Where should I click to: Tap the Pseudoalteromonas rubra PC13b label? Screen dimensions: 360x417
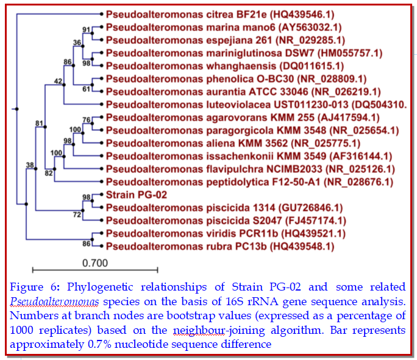pos(219,246)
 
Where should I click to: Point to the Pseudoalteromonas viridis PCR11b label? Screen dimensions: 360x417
pos(226,233)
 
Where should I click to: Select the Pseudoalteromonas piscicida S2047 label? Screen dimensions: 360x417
pos(226,221)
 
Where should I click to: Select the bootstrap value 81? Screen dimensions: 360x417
pos(40,124)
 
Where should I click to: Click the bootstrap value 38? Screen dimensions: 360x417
pos(29,164)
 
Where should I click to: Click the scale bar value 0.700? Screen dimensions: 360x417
pos(94,263)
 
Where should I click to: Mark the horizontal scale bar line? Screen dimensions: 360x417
pos(94,270)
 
